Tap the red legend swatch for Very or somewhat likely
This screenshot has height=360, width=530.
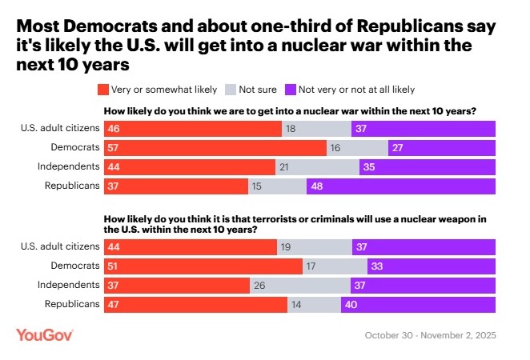[102, 90]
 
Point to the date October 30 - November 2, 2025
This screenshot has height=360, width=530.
[431, 335]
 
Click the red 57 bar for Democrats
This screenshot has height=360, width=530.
[215, 147]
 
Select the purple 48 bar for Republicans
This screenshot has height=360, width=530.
[400, 186]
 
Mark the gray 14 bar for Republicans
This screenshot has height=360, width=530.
[313, 304]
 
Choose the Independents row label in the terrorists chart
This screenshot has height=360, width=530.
[68, 285]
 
